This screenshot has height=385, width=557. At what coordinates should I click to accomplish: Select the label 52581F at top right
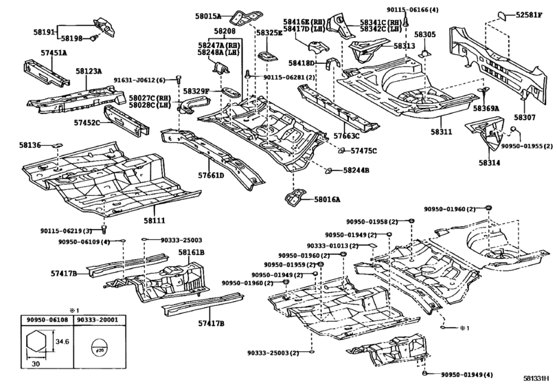(532, 14)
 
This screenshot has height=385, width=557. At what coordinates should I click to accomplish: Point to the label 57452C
(87, 123)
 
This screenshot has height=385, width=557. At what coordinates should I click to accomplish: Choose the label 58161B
(192, 253)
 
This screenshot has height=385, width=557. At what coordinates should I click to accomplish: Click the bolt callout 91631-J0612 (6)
(139, 80)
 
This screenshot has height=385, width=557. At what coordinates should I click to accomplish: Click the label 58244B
(356, 170)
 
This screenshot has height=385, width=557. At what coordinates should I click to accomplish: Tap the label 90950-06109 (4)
(83, 242)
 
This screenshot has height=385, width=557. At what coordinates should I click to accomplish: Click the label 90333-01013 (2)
(332, 245)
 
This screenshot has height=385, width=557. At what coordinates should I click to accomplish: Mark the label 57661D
(212, 175)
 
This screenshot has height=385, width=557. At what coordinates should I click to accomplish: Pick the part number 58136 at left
(30, 146)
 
